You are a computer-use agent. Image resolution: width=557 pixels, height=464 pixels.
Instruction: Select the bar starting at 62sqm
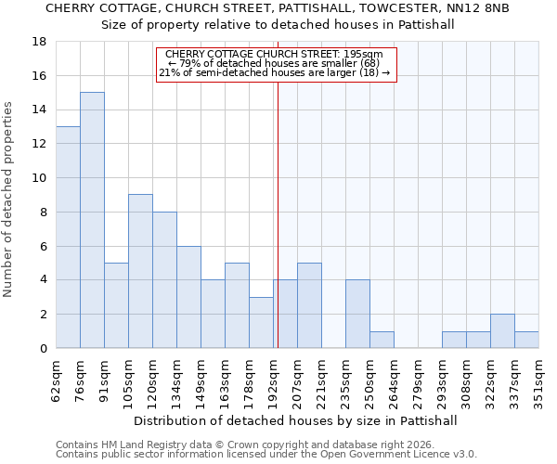68,238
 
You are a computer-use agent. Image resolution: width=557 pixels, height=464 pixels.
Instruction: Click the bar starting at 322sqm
502,331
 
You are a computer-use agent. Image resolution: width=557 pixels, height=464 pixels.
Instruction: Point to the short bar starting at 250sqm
382,340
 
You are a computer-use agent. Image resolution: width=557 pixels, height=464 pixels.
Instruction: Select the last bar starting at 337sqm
526,340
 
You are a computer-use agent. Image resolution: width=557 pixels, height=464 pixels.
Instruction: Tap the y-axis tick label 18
39,42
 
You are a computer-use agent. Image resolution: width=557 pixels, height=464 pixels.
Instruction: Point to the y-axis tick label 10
39,178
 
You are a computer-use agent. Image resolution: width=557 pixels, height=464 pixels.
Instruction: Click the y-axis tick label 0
43,349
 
